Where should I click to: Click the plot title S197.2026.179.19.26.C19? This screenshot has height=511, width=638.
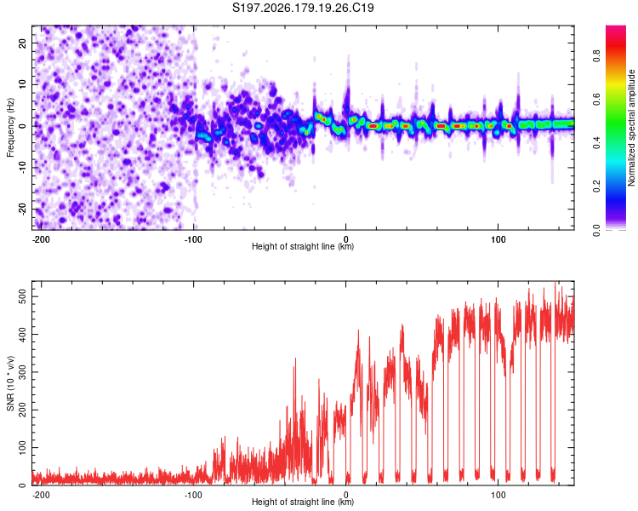pos(303,8)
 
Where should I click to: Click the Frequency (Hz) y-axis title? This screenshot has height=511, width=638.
pos(10,128)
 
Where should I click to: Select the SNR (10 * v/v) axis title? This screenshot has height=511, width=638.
pos(10,383)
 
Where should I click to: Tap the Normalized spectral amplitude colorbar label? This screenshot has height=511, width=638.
pos(631,128)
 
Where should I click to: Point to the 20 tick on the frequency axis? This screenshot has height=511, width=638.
pos(22,43)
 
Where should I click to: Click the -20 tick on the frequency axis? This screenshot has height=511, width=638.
pos(22,210)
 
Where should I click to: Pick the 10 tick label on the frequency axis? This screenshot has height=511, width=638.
pos(22,84)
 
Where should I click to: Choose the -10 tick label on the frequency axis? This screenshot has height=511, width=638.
pos(22,168)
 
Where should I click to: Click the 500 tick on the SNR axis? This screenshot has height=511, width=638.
pos(22,296)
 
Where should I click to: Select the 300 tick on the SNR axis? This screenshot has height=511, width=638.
pos(22,372)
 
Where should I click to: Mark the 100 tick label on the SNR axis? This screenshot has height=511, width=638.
pos(22,447)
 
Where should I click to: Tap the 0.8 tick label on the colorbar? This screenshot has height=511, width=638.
pos(596,55)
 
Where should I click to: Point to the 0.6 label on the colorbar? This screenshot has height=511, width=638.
pos(596,99)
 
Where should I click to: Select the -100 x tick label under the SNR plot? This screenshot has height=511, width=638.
pos(193,495)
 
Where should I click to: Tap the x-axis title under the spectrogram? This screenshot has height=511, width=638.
pos(303,246)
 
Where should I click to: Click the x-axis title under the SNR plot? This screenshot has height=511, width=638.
pos(303,502)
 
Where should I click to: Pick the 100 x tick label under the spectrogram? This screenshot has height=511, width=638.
pos(498,239)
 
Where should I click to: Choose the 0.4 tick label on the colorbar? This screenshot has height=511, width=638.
pos(596,142)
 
